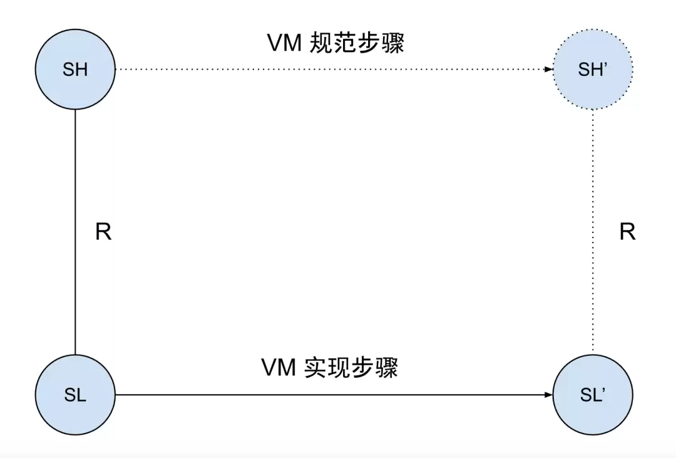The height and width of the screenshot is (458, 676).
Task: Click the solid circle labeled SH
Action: pos(75,70)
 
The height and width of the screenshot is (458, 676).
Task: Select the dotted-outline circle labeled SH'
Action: pos(593,70)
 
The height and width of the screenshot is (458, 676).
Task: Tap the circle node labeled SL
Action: pos(75,395)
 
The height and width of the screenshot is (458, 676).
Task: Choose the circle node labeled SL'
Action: pos(593,395)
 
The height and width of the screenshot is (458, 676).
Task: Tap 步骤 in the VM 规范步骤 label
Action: pos(382,43)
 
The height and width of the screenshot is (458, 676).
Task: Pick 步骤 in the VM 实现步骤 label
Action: pos(375,368)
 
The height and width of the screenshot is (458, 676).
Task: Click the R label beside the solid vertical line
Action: pos(103,232)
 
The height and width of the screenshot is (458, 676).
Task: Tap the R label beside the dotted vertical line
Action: pos(627,232)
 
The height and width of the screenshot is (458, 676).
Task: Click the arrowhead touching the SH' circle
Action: pos(548,70)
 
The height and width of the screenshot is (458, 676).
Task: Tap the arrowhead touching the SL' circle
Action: pos(548,395)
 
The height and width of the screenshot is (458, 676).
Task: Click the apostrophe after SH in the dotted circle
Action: pos(605,66)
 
